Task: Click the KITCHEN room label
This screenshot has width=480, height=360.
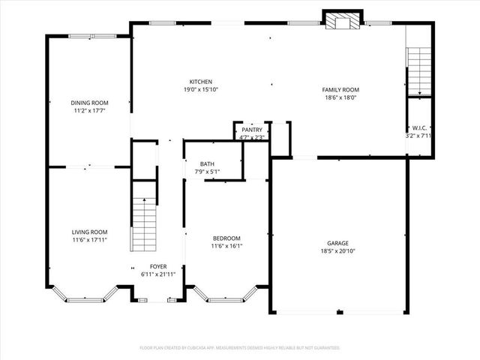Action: tap(200, 82)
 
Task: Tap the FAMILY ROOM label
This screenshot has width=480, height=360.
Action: tap(340, 90)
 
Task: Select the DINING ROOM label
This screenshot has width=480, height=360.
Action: tap(89, 103)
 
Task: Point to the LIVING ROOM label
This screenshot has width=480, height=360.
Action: tap(89, 232)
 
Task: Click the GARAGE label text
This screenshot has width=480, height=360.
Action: tap(337, 243)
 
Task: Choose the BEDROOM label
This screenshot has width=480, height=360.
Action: tap(226, 238)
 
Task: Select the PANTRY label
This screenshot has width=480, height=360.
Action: tap(251, 130)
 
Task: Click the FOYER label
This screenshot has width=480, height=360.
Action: tap(157, 266)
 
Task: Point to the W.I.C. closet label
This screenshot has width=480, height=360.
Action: tap(419, 128)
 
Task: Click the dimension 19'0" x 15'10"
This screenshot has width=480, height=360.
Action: tap(200, 90)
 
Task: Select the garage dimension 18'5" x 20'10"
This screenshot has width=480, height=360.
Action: tap(337, 251)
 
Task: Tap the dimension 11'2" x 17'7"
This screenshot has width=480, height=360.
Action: tap(89, 111)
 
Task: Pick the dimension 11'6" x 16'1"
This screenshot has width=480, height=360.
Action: tap(226, 246)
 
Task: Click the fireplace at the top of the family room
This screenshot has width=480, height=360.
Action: tap(343, 21)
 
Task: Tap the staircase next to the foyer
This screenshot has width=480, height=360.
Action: tap(143, 226)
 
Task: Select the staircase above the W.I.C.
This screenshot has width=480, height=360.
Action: tap(418, 70)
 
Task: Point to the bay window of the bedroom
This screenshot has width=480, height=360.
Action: tap(226, 296)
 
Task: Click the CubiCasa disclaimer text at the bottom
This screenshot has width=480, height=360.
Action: tap(240, 348)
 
